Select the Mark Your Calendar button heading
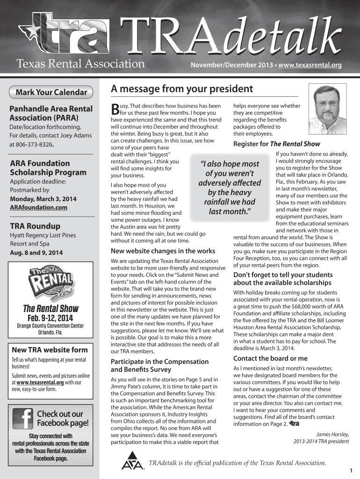pyautogui.click(x=51, y=92)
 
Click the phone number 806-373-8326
pyautogui.click(x=36, y=145)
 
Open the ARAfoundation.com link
pyautogui.click(x=38, y=207)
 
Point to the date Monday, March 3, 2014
pyautogui.click(x=43, y=199)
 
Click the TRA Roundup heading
pyautogui.click(x=35, y=226)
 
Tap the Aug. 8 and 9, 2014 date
pyautogui.click(x=36, y=253)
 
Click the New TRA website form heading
pyautogui.click(x=49, y=350)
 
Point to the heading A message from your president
pyautogui.click(x=181, y=89)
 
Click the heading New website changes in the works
pyautogui.click(x=163, y=251)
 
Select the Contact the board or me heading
pyautogui.click(x=270, y=358)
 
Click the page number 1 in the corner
pyautogui.click(x=351, y=470)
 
